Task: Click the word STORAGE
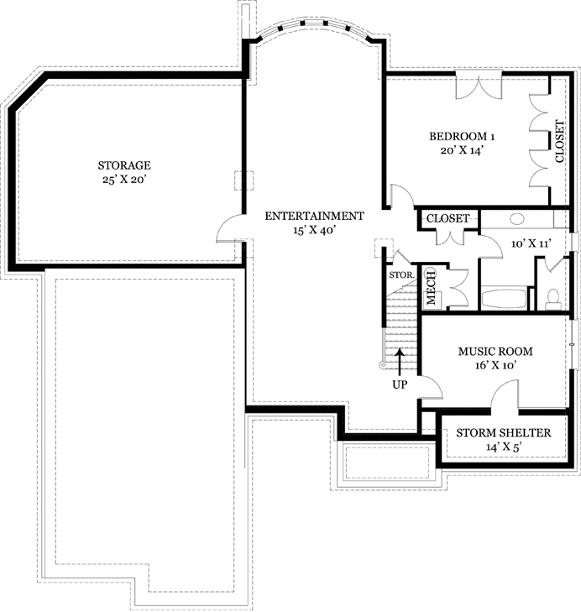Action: pos(123,165)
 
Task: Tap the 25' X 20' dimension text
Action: pos(123,179)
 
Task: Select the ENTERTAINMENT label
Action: pos(314,216)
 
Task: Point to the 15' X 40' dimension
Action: pos(314,230)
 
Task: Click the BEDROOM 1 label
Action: pos(463,136)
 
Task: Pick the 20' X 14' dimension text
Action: pos(463,150)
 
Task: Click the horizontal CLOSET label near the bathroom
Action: pos(448,218)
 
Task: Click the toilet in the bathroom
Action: pos(553,296)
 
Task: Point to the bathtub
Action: pos(504,298)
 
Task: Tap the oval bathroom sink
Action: pos(516,218)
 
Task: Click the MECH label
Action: pos(431,286)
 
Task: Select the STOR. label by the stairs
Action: pos(400,275)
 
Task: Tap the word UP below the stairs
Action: pos(400,384)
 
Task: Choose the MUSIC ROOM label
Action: pos(495,351)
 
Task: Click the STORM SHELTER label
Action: pos(503,433)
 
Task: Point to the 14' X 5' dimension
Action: pos(503,447)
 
